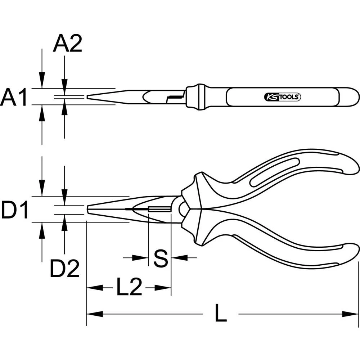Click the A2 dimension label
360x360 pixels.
pos(68,44)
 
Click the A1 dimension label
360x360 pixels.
pos(14,98)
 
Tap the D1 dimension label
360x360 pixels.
pos(14,211)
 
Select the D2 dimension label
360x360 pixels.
pos(64,269)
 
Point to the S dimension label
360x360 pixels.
pos(160,258)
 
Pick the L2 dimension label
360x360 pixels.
pos(129,287)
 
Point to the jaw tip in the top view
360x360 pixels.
pos(89,96)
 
